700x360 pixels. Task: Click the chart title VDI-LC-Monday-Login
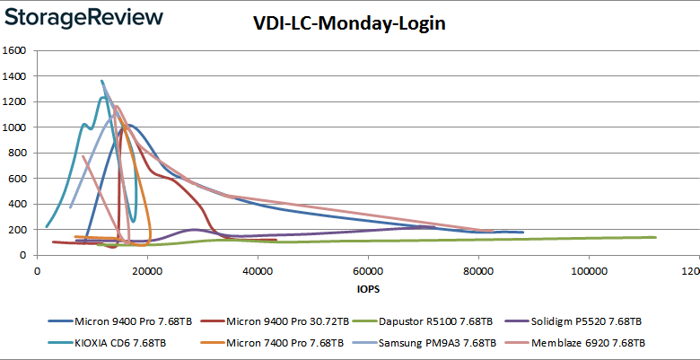(348, 24)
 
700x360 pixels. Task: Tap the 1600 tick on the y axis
(16, 50)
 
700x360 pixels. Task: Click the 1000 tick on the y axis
(16, 127)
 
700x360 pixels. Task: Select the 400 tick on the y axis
(20, 204)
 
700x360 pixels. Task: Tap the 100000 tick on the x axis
(588, 271)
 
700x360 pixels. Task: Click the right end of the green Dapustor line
(656, 237)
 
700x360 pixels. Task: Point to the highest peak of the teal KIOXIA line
(101, 81)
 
